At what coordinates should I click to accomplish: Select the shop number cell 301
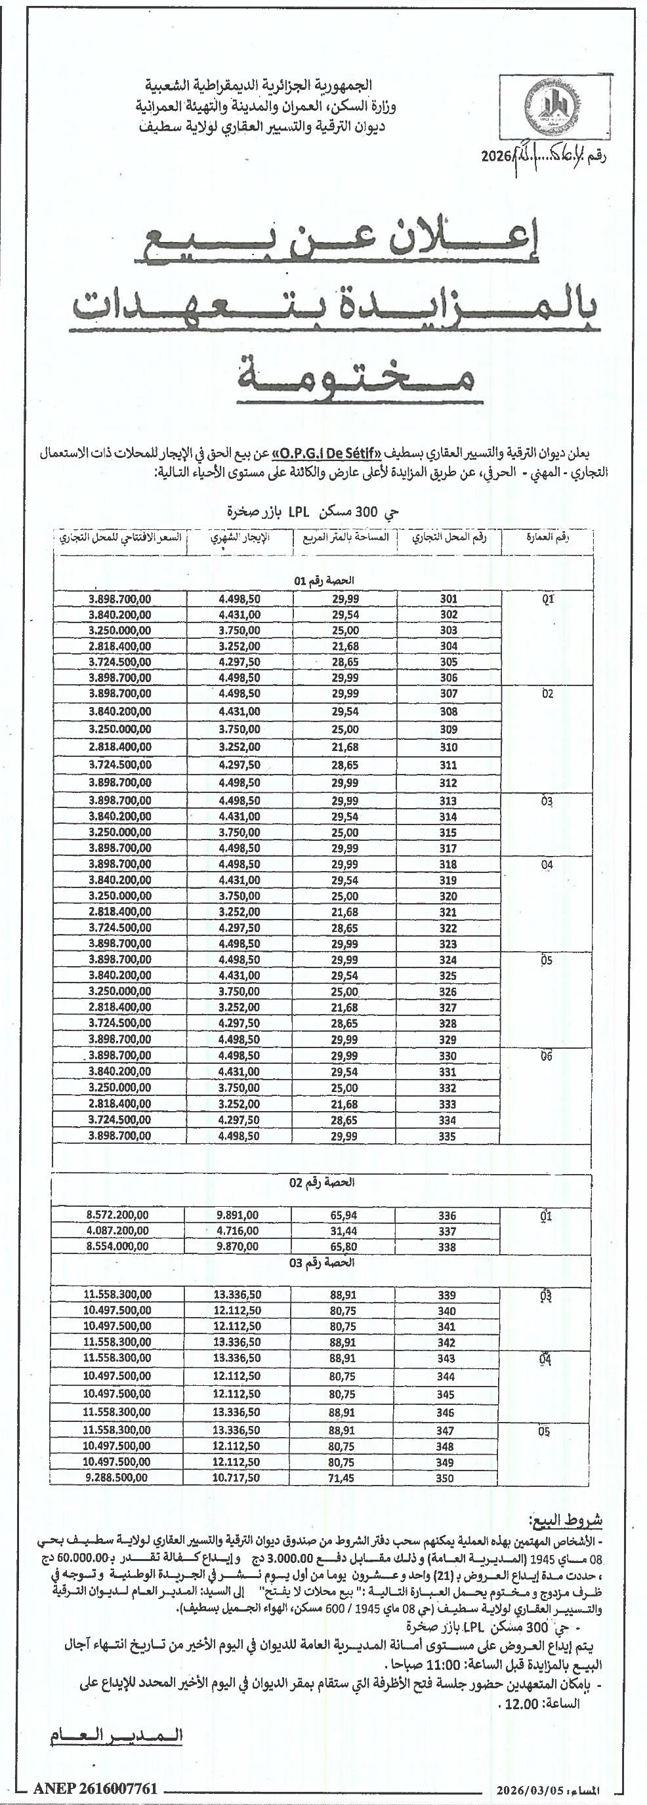click(449, 599)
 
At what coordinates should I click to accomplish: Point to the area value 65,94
click(344, 1216)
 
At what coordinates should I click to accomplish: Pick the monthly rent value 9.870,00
click(238, 1247)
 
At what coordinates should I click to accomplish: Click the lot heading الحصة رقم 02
click(323, 1183)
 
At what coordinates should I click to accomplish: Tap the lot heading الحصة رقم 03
click(323, 1263)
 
